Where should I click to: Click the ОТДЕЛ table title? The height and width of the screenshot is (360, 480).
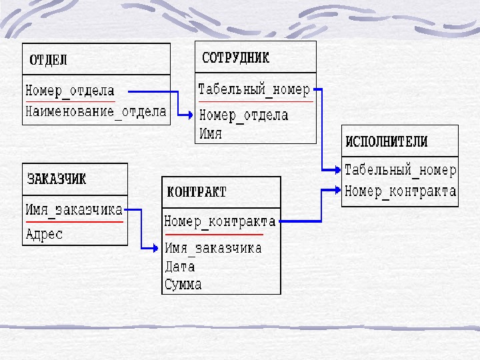(x=48, y=60)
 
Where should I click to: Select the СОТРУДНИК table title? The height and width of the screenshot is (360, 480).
(x=235, y=58)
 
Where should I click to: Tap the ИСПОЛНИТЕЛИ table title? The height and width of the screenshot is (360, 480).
(x=386, y=141)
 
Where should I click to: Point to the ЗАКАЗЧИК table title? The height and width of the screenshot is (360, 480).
(x=57, y=179)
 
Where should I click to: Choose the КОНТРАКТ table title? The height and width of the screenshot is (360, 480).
(x=197, y=192)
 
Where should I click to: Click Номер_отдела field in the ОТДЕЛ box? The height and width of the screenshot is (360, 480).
(x=70, y=91)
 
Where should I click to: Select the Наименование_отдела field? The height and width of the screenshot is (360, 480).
(x=96, y=111)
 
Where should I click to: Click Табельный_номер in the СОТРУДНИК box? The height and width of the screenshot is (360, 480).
(x=254, y=89)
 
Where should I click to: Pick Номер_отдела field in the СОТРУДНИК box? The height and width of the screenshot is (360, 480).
(x=244, y=115)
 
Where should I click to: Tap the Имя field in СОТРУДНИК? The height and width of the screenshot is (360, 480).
(x=211, y=133)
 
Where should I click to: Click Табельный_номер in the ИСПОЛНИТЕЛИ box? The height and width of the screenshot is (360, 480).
(x=400, y=170)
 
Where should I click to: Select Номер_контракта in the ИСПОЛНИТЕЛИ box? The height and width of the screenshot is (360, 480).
(x=400, y=191)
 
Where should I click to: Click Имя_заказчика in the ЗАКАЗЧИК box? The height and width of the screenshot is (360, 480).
(x=74, y=209)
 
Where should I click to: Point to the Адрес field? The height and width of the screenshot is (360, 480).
(x=44, y=234)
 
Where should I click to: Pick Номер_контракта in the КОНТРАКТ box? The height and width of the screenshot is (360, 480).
(x=219, y=221)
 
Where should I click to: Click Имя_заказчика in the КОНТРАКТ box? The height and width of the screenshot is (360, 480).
(x=213, y=248)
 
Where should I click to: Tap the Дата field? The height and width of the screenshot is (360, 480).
(x=179, y=266)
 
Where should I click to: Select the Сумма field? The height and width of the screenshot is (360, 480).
(x=183, y=285)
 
